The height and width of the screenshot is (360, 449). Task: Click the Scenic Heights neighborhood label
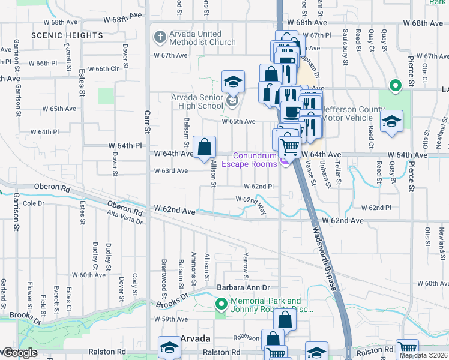[68, 36]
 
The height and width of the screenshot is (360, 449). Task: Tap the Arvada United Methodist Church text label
[202, 38]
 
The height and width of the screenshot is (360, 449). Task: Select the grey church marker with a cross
[159, 38]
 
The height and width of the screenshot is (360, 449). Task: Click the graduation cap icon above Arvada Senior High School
[233, 81]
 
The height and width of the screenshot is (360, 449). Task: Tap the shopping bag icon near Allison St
[205, 146]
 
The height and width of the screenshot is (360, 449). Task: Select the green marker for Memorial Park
[221, 305]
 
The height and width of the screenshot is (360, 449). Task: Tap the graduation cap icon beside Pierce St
[391, 122]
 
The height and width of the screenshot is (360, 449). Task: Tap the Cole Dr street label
[33, 204]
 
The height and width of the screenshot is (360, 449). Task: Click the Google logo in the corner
[19, 353]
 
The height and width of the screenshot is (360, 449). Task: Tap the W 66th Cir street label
[104, 69]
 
